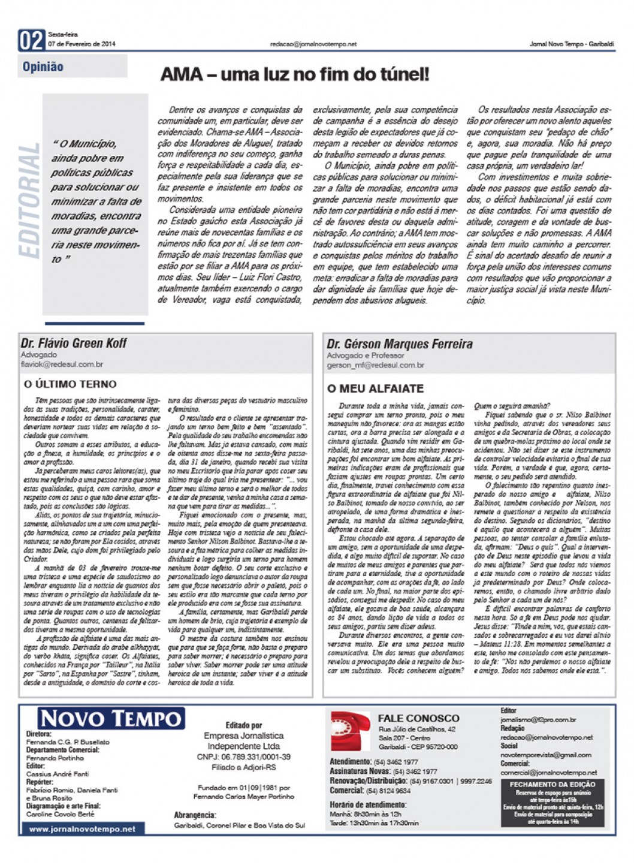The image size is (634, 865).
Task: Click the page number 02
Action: click(x=31, y=40)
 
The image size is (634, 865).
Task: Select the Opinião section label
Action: click(x=43, y=67)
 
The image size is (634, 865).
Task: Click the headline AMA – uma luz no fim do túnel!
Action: click(x=294, y=74)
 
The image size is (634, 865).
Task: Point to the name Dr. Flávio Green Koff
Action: click(x=74, y=343)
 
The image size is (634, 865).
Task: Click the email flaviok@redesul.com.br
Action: click(x=62, y=364)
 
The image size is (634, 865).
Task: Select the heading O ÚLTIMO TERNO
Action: click(x=70, y=384)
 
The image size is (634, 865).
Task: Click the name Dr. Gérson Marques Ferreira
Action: click(x=399, y=343)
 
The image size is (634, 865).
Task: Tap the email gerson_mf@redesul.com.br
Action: click(x=375, y=365)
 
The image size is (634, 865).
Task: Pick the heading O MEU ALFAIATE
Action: click(x=375, y=388)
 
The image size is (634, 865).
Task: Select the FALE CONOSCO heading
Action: click(x=418, y=718)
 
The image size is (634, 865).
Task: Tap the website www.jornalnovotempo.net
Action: click(x=82, y=828)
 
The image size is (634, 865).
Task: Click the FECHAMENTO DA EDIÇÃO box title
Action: click(x=552, y=784)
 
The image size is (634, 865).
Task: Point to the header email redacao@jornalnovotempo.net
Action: click(x=313, y=44)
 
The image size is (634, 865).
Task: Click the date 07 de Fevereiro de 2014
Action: click(x=81, y=44)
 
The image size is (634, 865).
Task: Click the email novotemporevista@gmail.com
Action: click(x=546, y=755)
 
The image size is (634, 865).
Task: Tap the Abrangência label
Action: click(x=195, y=815)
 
